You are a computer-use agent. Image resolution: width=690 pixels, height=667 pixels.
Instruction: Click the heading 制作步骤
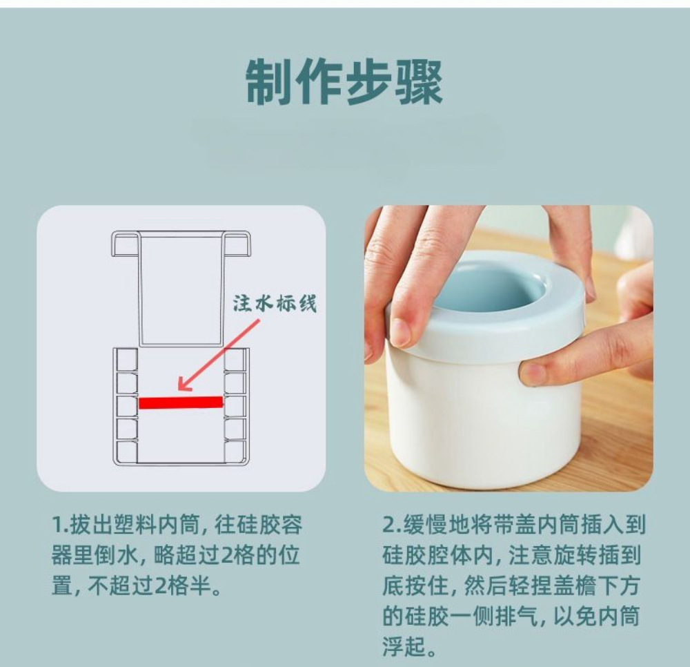344,82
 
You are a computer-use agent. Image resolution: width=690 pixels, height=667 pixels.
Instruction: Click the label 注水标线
274,304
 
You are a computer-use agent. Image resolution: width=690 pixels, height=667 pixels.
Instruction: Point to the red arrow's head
181,385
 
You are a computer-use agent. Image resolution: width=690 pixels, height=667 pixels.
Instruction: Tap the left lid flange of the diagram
126,244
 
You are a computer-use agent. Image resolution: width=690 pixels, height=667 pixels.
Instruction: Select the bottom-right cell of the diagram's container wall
235,452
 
